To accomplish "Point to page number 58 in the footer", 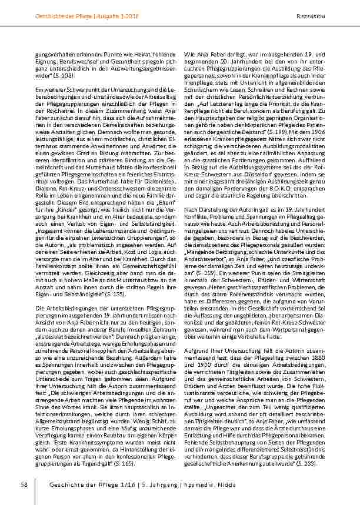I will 25,484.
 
